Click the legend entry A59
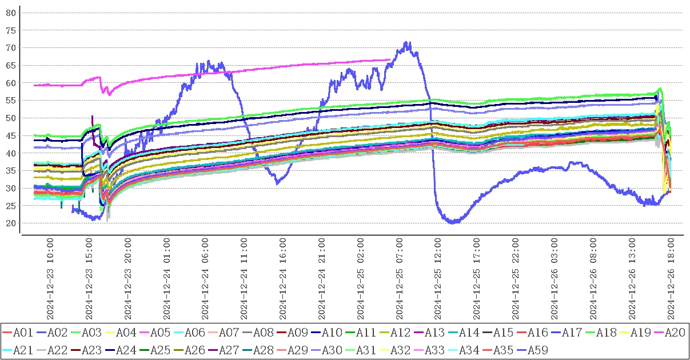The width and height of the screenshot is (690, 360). (536, 350)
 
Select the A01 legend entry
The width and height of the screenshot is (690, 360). (22, 332)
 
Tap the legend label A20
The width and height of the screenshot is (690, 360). (673, 332)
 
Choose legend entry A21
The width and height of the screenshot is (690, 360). (22, 350)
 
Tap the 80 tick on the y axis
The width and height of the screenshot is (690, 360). (11, 13)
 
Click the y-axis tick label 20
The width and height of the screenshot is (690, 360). (11, 223)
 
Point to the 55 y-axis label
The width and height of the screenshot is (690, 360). (11, 101)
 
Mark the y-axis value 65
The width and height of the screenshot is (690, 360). (11, 65)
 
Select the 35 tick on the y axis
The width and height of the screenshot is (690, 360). (11, 171)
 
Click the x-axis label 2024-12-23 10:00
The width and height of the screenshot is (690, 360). (50, 280)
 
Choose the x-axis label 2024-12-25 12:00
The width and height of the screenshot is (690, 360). (438, 280)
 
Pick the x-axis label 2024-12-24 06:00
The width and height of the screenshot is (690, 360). (206, 280)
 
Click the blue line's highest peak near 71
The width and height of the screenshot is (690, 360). (406, 42)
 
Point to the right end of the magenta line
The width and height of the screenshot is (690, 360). (390, 59)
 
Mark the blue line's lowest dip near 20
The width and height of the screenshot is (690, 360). (453, 223)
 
